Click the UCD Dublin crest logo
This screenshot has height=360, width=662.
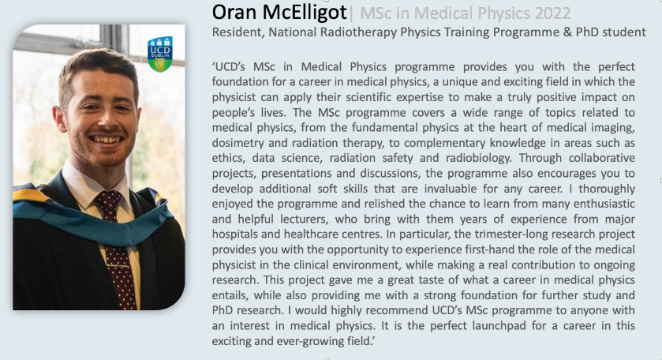[160, 54]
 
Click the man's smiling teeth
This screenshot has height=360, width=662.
[107, 140]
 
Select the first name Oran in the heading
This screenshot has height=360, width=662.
[234, 13]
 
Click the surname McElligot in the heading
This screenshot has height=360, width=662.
[305, 13]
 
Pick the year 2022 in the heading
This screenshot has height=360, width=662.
[552, 13]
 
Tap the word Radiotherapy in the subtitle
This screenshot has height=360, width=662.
[359, 32]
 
